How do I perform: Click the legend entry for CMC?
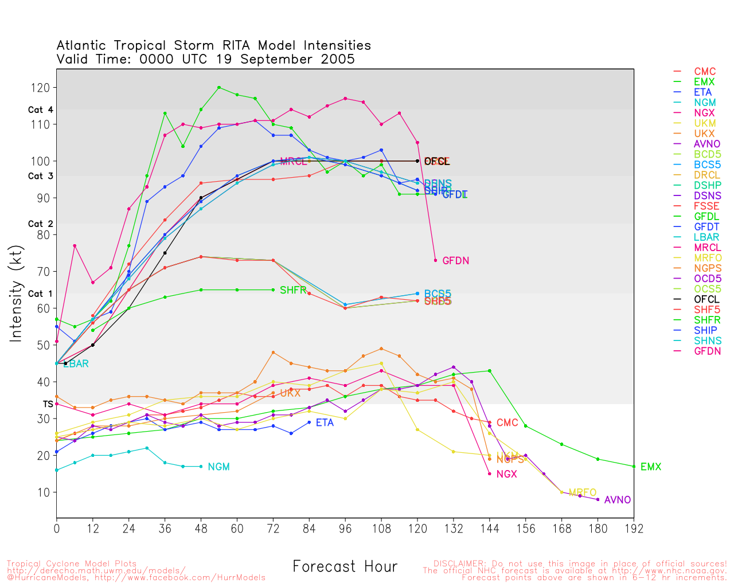705,72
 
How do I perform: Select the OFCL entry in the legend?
706,299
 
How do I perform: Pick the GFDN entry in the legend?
707,351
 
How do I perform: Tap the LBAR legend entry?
706,237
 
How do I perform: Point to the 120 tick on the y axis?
42,88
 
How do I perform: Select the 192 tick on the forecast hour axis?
634,529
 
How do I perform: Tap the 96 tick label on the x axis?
345,529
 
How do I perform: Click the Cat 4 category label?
40,110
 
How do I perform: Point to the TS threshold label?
48,404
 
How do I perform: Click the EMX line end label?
651,467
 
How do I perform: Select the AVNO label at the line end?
618,500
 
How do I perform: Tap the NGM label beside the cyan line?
218,467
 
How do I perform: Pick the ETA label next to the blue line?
325,423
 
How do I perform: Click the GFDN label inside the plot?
456,261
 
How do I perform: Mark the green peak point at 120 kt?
219,88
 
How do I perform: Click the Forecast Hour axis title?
345,567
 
